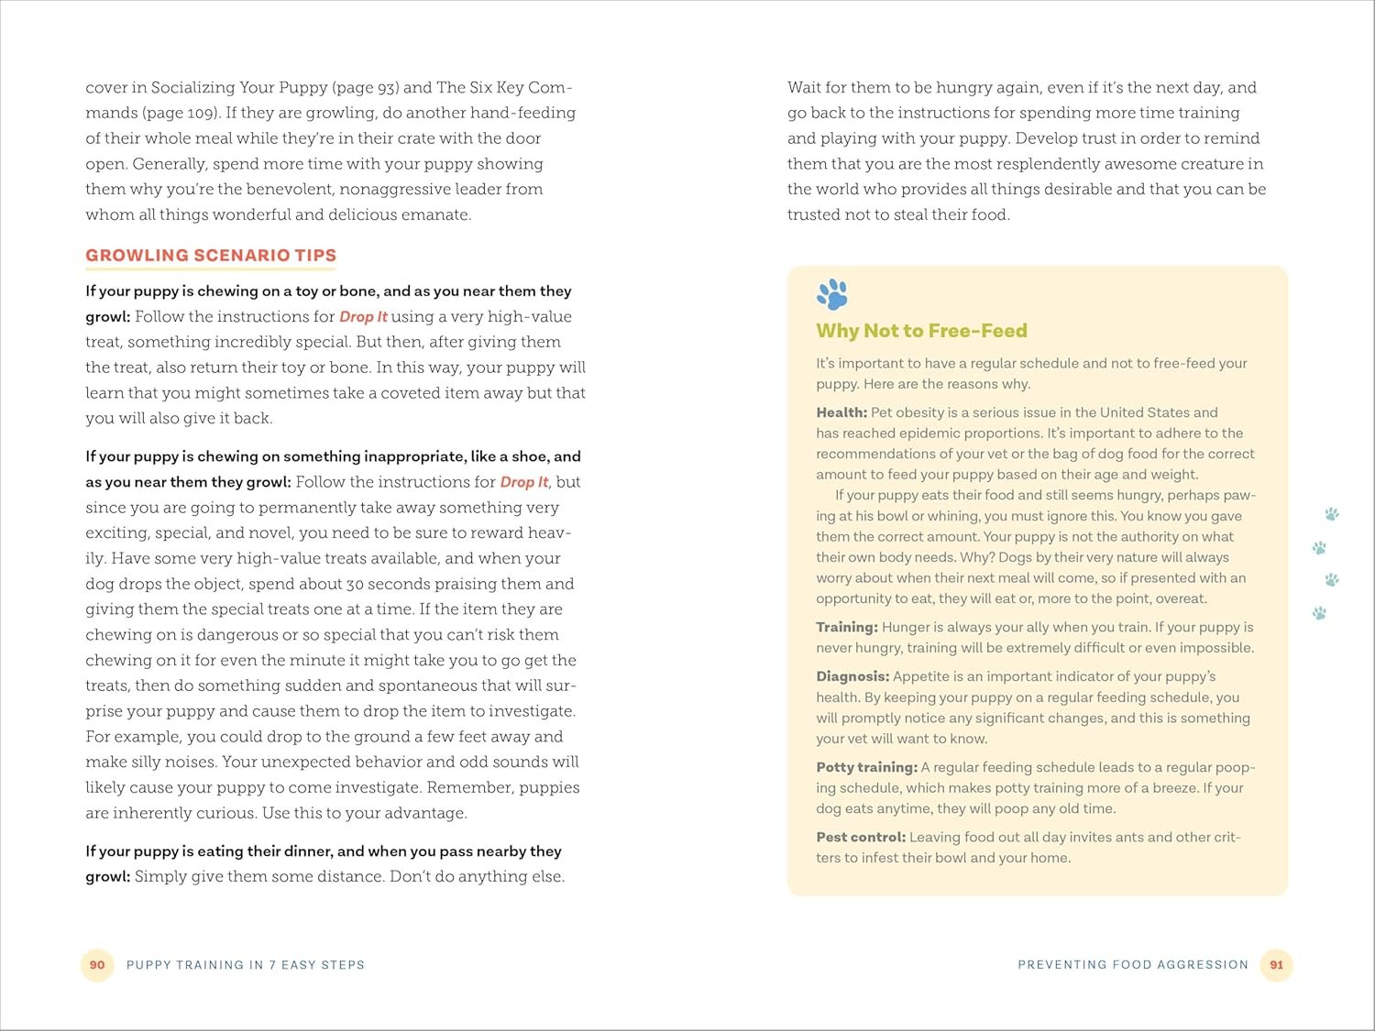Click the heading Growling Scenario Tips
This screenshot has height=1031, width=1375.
point(211,256)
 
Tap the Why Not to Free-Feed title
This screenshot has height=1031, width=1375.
point(921,331)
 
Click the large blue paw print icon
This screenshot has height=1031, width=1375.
point(832,294)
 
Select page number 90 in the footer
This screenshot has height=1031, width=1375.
point(97,965)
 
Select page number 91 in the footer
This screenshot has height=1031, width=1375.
point(1276,965)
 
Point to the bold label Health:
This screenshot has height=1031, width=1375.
point(841,412)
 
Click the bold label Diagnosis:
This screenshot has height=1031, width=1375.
point(852,676)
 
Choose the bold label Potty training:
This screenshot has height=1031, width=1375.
point(866,767)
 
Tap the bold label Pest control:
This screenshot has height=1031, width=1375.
point(861,837)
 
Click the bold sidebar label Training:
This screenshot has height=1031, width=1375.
point(847,627)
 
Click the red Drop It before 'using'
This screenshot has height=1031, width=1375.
point(363,317)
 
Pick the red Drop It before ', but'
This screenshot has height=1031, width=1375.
point(523,482)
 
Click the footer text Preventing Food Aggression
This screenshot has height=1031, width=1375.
point(1133,965)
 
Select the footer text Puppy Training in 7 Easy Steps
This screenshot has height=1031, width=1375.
point(246,965)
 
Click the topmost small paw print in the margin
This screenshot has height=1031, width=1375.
point(1332,514)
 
